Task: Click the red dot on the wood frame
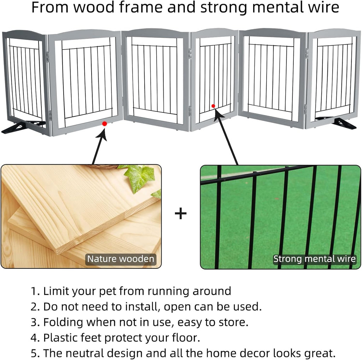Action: click(104, 123)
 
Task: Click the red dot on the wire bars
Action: click(213, 106)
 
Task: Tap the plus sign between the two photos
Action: click(181, 214)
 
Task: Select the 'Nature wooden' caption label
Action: click(121, 259)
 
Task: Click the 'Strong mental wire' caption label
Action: click(314, 259)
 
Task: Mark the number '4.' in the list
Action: click(35, 337)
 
